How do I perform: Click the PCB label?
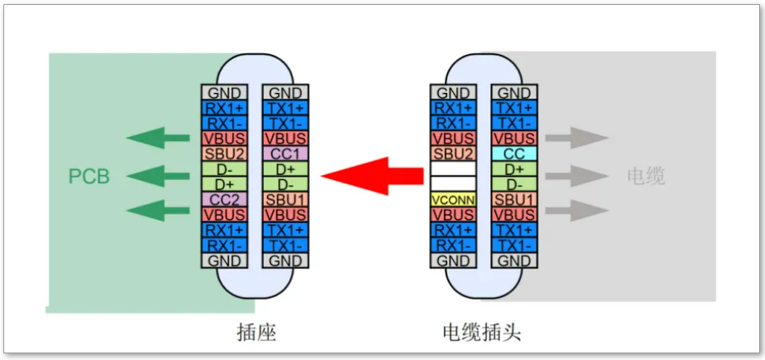point(89,177)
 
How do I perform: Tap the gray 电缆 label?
point(646,176)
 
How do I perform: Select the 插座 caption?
point(256,333)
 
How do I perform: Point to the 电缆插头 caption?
point(481,333)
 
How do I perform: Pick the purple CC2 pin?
point(224,199)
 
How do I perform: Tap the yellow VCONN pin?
point(453,199)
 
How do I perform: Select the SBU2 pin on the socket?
point(224,153)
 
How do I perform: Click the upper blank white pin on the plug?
point(453,168)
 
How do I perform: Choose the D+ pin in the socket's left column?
point(224,184)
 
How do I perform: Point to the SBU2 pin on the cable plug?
point(453,153)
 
